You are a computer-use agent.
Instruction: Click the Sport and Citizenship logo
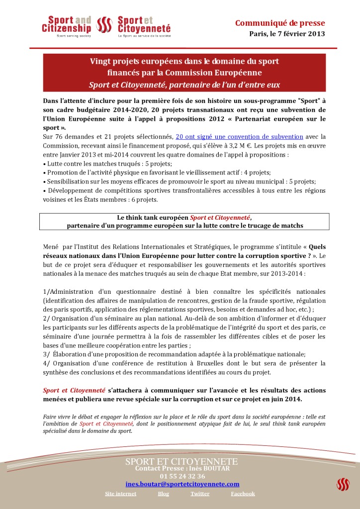[67, 27]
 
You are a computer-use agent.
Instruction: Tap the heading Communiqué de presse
[279, 23]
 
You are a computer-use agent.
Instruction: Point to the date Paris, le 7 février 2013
[287, 34]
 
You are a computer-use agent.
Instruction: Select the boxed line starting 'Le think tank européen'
[184, 218]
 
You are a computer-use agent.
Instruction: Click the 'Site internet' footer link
[120, 494]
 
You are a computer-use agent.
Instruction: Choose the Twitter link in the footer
[200, 494]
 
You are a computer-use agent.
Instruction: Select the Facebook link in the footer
[243, 494]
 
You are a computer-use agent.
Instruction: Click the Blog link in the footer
[163, 494]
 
